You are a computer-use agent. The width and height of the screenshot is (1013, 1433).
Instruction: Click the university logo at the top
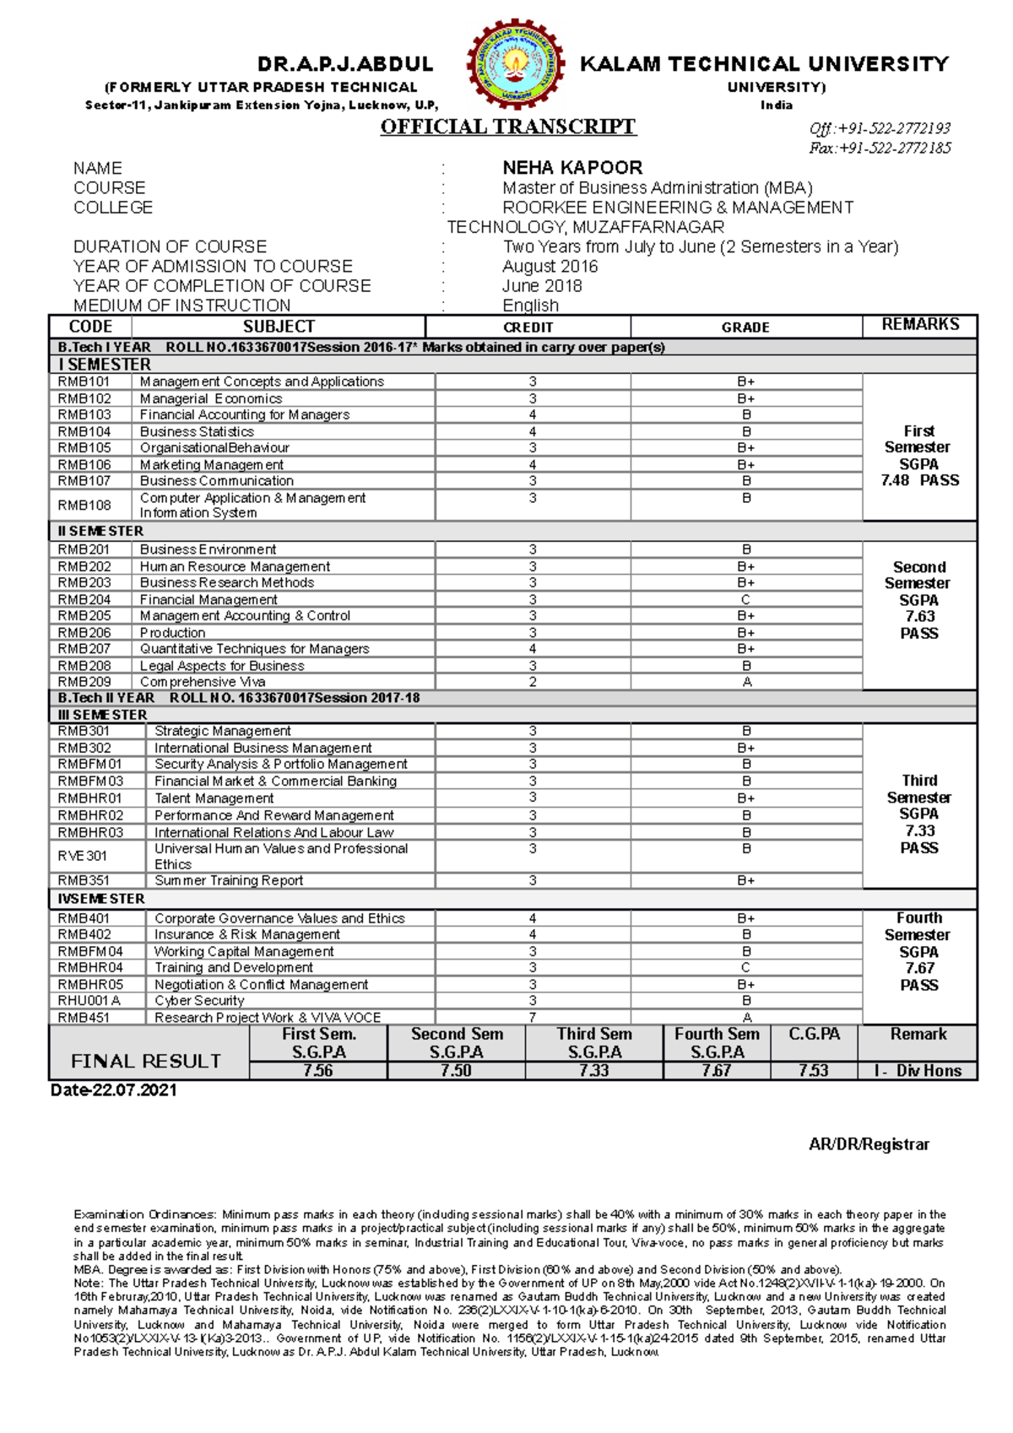[x=517, y=65]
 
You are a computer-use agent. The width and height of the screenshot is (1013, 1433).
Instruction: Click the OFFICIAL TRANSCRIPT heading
[x=507, y=127]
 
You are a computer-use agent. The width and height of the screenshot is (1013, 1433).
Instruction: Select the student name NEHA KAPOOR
[x=572, y=168]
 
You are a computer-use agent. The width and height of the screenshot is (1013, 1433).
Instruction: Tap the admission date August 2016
[x=550, y=267]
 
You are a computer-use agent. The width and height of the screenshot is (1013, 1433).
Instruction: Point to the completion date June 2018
[x=542, y=286]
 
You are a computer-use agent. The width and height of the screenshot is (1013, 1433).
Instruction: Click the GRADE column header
[x=745, y=327]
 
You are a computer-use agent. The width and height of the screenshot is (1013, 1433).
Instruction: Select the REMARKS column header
[x=920, y=325]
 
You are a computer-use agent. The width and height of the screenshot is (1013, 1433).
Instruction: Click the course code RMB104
[x=84, y=432]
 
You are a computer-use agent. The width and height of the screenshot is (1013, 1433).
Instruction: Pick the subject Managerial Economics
[x=211, y=398]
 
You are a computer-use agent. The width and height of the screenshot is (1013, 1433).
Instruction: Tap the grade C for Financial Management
[x=745, y=600]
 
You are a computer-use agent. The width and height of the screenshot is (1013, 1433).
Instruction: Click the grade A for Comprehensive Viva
[x=746, y=682]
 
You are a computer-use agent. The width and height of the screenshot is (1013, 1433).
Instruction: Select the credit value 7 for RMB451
[x=533, y=1018]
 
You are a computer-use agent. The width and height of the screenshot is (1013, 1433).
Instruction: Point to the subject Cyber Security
[x=199, y=1001]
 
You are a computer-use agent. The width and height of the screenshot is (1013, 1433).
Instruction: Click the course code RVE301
[x=83, y=857]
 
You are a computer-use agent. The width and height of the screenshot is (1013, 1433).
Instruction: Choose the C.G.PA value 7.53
[x=814, y=1071]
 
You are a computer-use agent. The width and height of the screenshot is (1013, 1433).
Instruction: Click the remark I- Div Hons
[x=918, y=1071]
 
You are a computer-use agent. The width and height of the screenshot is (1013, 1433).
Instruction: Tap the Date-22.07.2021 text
[x=114, y=1090]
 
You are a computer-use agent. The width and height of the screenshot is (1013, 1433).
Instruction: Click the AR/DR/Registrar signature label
[x=869, y=1145]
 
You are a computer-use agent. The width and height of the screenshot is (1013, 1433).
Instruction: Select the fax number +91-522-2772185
[x=880, y=149]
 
